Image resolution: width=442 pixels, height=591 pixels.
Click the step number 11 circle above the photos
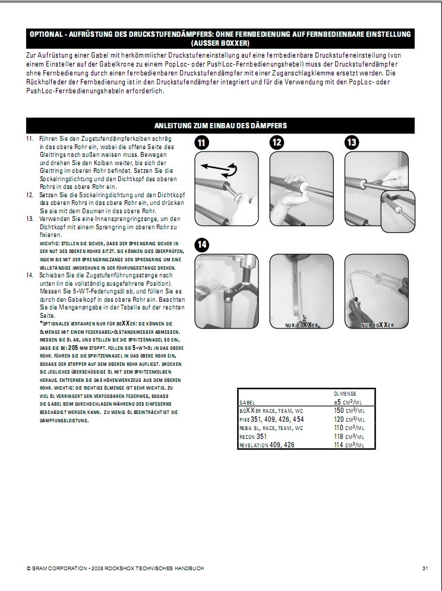(x=203, y=143)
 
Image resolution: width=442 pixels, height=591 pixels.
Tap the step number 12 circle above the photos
(x=277, y=143)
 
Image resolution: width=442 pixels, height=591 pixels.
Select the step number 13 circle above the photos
(x=352, y=143)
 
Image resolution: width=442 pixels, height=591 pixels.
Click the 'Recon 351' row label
(x=252, y=436)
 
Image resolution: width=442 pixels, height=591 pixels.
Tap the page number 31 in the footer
(x=425, y=568)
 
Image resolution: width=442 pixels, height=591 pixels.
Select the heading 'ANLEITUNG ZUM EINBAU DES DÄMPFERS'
(x=221, y=125)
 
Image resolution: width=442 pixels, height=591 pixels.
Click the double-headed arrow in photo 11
(x=217, y=169)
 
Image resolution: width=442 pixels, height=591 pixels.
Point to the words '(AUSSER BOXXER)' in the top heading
(x=221, y=43)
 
